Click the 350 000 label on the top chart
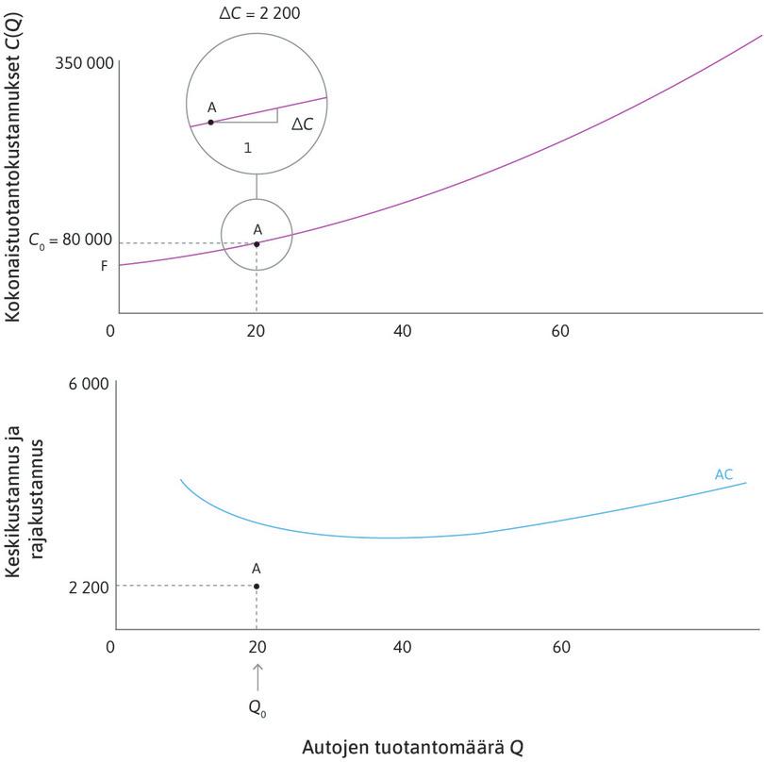click(x=84, y=64)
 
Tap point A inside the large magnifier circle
click(x=210, y=123)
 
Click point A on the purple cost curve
click(x=257, y=244)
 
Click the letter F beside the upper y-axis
click(x=105, y=266)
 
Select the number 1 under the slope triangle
click(x=247, y=147)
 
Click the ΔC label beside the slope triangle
click(x=302, y=124)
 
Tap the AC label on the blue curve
click(x=723, y=474)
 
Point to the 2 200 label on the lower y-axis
click(x=89, y=588)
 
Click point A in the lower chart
click(x=257, y=587)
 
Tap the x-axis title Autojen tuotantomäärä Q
click(x=411, y=747)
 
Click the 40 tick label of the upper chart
click(x=403, y=331)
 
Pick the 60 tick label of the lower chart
click(x=561, y=647)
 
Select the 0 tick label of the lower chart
click(x=111, y=647)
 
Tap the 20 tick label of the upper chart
click(x=257, y=331)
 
